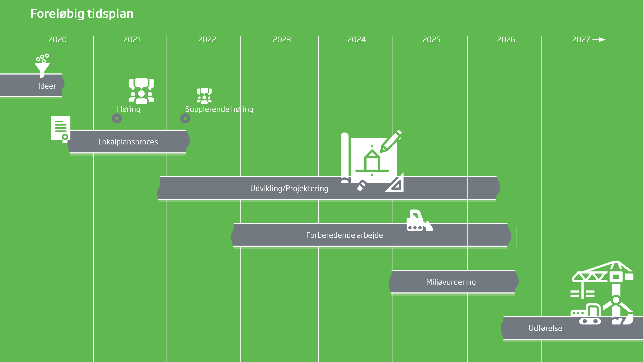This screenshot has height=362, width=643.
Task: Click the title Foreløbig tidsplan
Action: [82, 14]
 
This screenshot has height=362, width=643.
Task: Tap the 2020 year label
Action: [57, 40]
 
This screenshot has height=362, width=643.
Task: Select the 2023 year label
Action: [282, 40]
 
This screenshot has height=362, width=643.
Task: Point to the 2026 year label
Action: [506, 40]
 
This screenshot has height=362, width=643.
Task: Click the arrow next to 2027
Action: [599, 40]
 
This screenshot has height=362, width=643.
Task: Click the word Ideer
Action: [47, 86]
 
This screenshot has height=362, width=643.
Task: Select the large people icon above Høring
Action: [141, 91]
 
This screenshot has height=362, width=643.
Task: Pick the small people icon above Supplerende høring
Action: [204, 96]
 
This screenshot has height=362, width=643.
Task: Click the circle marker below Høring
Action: [117, 118]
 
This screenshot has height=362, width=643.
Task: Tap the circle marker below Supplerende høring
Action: [185, 118]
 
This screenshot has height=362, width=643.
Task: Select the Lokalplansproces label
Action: [128, 142]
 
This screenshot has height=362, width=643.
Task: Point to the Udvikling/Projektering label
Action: [289, 189]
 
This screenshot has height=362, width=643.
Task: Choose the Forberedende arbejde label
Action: [344, 235]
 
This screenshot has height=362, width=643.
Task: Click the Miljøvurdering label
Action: [451, 282]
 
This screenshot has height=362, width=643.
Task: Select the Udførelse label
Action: [545, 328]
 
